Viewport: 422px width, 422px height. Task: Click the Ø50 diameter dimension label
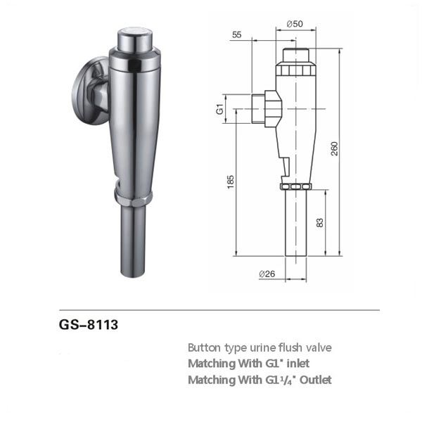(295, 24)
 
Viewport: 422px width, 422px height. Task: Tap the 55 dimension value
(237, 35)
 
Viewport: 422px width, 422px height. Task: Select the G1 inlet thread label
(220, 109)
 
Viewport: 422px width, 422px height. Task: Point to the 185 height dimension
(231, 182)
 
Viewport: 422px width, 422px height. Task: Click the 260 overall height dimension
(334, 148)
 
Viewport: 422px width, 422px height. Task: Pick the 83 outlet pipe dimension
(320, 222)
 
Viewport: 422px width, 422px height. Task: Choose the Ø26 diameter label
(267, 274)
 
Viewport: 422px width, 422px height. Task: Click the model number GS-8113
(89, 324)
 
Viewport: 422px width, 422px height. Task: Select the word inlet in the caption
(298, 364)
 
